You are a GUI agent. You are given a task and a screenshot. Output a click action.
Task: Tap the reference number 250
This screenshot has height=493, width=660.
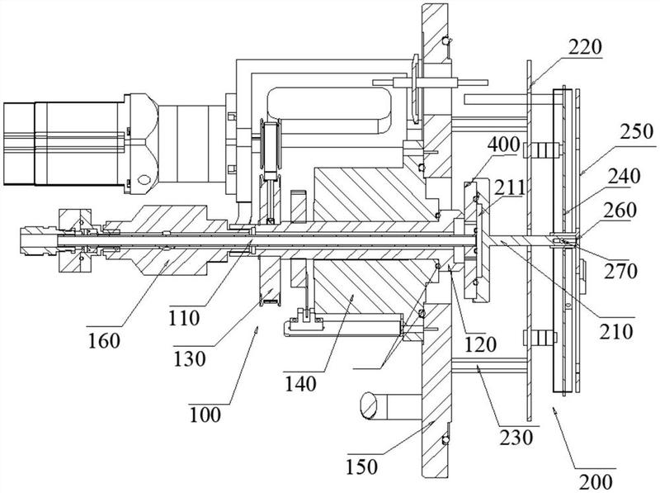point(637,132)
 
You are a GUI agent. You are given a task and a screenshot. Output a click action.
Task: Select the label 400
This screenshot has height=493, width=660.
point(503,145)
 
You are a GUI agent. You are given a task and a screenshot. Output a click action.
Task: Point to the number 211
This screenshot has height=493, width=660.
point(509,188)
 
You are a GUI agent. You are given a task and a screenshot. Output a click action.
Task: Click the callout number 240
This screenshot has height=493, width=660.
point(624,176)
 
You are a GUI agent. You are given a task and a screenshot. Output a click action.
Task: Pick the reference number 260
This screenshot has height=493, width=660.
point(621,211)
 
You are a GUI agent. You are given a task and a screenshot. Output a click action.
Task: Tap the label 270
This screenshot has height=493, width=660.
point(621,271)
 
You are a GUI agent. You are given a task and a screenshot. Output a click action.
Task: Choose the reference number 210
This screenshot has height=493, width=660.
point(616,332)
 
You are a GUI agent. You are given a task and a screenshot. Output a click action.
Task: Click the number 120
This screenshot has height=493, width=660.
point(480,344)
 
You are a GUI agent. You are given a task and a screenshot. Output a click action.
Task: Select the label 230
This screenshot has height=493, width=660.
point(516,438)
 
